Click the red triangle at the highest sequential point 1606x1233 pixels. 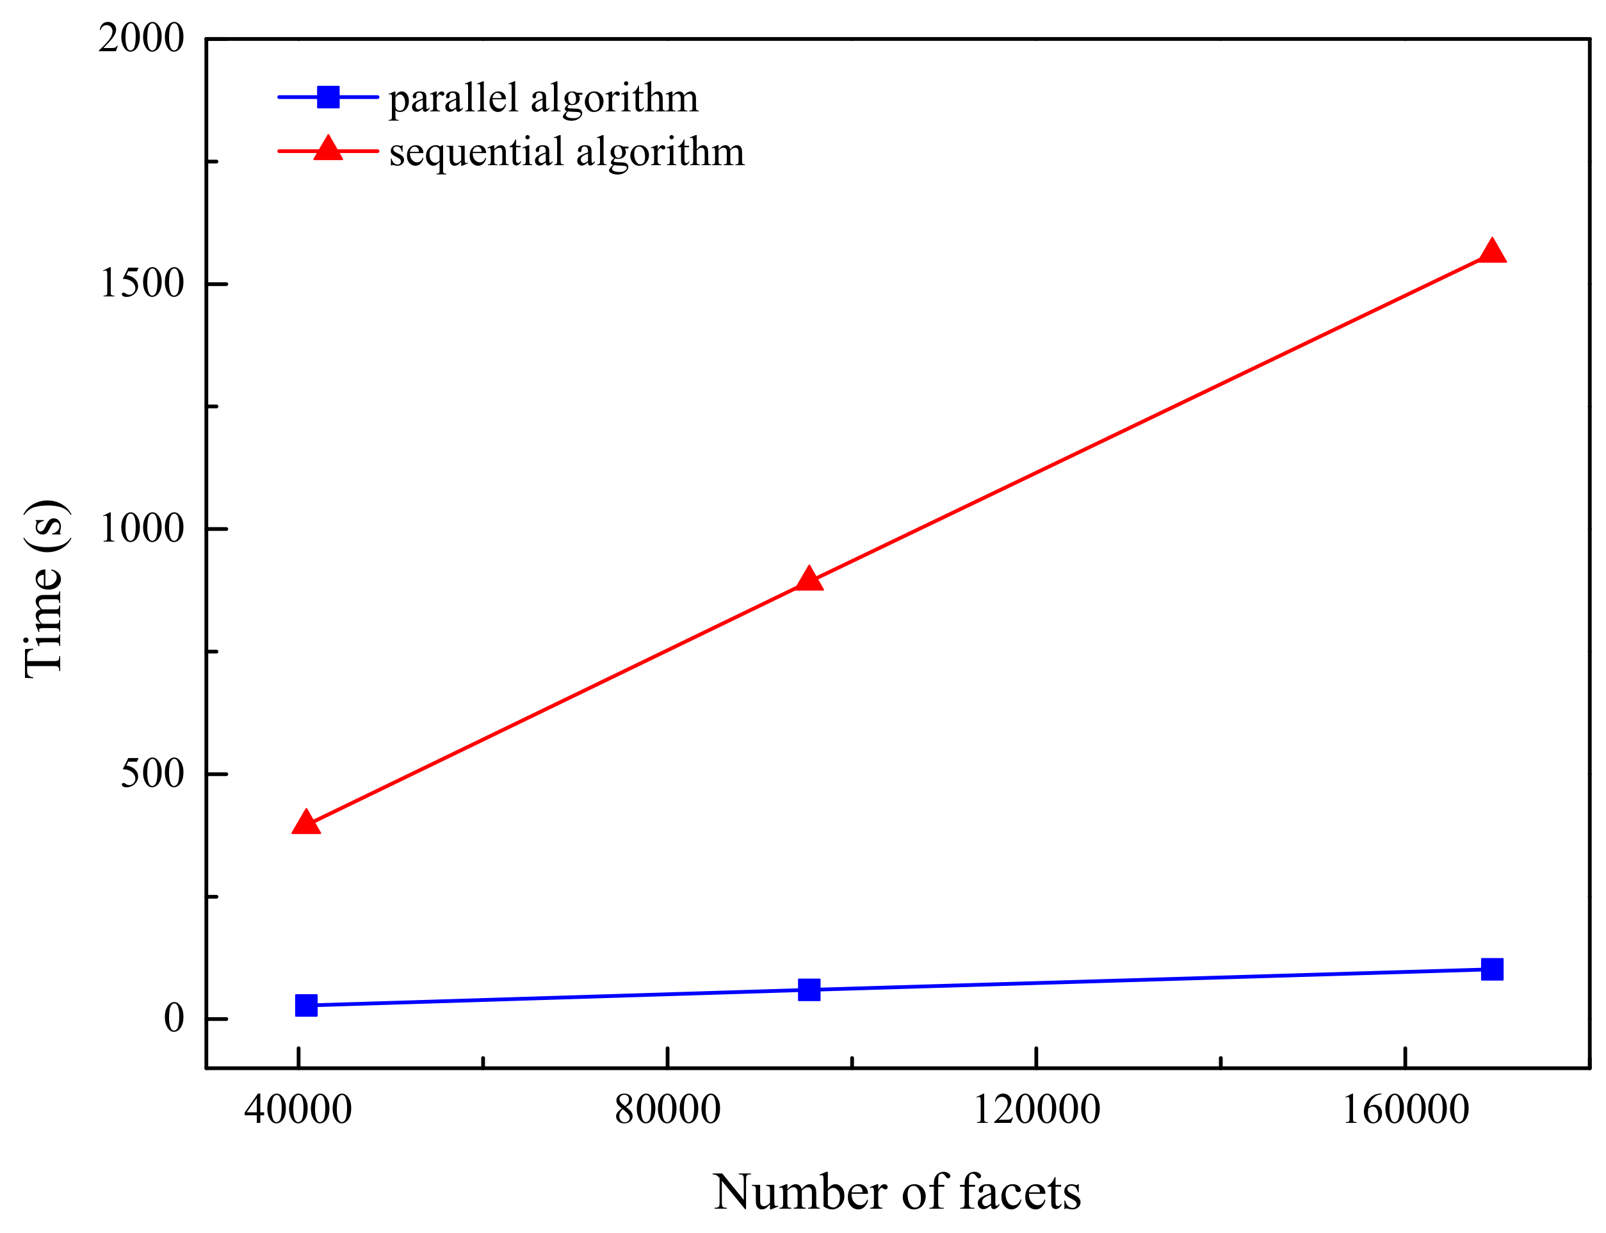coord(1491,252)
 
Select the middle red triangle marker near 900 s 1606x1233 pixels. coord(809,580)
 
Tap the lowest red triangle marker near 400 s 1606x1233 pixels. coord(306,823)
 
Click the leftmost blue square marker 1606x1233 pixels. coord(306,1004)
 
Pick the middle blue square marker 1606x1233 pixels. coord(809,989)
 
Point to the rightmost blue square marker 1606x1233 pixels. coord(1492,969)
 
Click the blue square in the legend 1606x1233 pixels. coord(328,97)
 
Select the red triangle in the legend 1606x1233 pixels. coord(328,149)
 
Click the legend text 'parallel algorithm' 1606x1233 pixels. coord(543,99)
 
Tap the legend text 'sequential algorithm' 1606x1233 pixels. coord(567,152)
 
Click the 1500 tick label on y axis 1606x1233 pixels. coord(142,284)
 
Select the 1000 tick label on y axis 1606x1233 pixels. coord(142,528)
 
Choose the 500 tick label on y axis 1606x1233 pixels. coord(152,773)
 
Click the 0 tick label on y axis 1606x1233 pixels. coord(174,1018)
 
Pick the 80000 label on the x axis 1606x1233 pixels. coord(667,1109)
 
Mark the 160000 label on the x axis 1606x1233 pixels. coord(1405,1109)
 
